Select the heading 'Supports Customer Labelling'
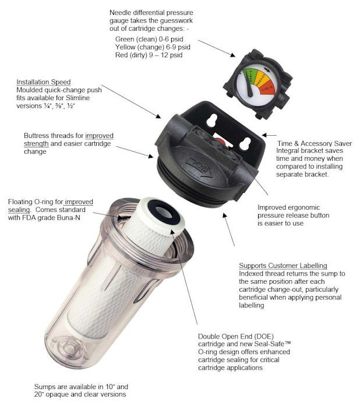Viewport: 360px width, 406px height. pyautogui.click(x=283, y=265)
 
